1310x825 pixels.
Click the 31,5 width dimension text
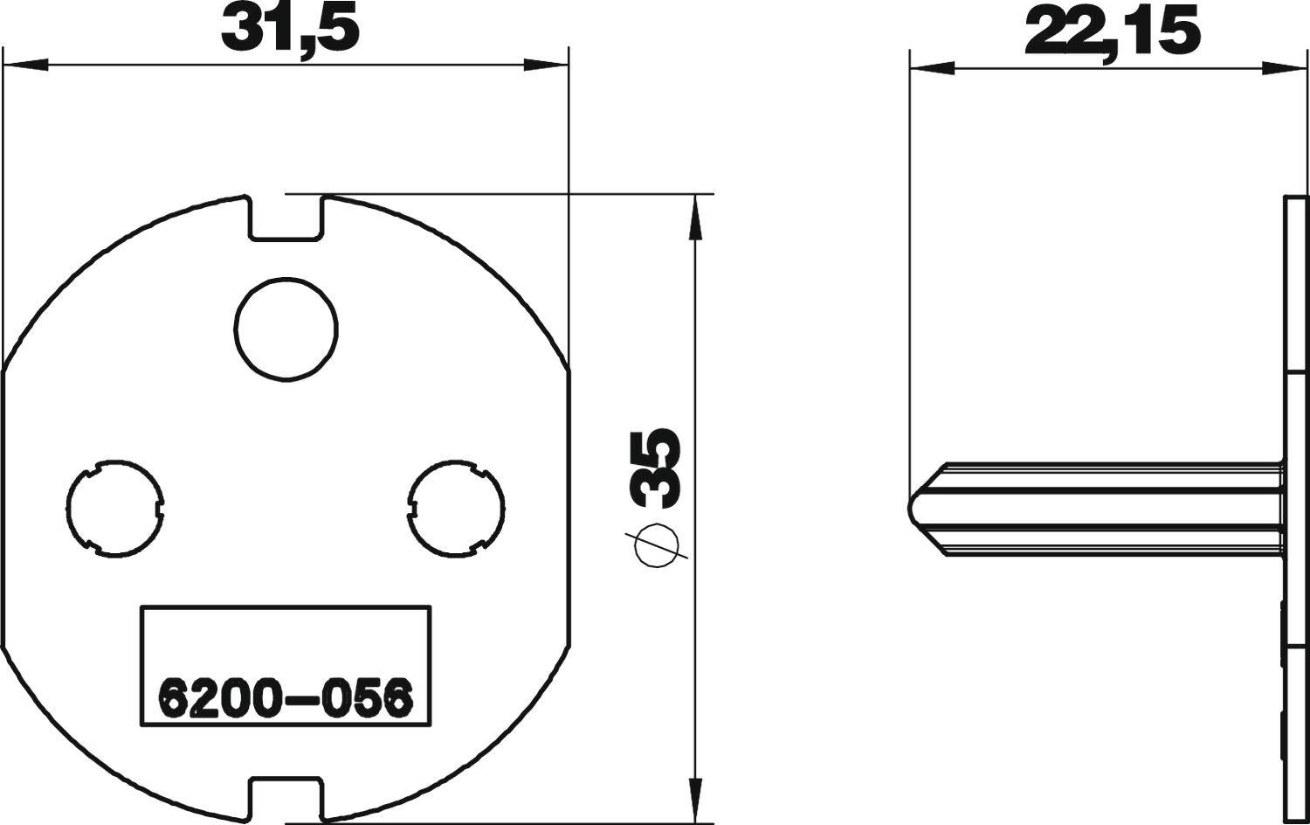pyautogui.click(x=290, y=30)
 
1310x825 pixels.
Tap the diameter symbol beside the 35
pyautogui.click(x=658, y=547)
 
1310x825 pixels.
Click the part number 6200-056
pyautogui.click(x=284, y=698)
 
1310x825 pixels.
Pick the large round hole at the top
pyautogui.click(x=286, y=329)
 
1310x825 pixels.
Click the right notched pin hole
pyautogui.click(x=457, y=508)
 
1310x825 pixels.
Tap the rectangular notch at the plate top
pyautogui.click(x=286, y=218)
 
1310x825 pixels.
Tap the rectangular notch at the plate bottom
pyautogui.click(x=286, y=797)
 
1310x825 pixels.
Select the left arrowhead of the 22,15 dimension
pyautogui.click(x=931, y=66)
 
